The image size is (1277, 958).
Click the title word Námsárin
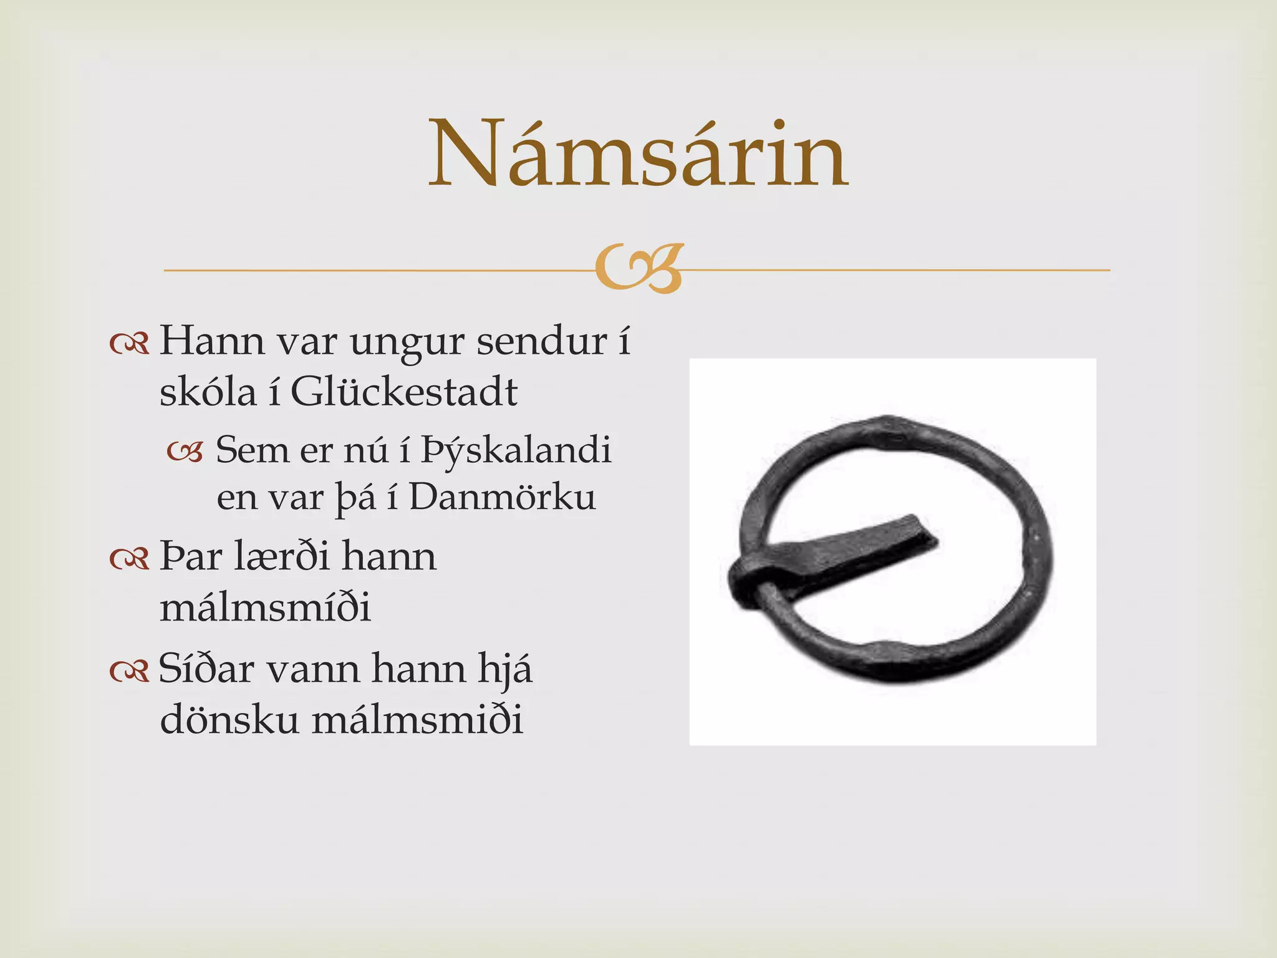[638, 154]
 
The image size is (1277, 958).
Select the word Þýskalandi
[516, 450]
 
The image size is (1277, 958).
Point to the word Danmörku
[503, 498]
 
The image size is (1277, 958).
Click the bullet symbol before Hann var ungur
[129, 344]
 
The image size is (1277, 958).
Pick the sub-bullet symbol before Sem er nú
[185, 452]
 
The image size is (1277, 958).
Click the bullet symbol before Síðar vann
[129, 670]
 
